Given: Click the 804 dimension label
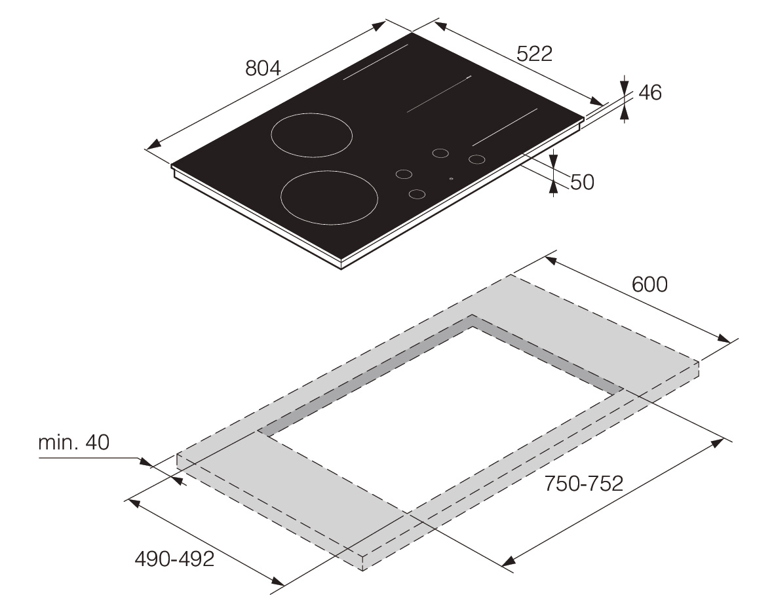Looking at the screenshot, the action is pyautogui.click(x=263, y=68).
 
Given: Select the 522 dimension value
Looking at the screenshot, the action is pyautogui.click(x=534, y=53).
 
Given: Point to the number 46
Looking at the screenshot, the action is pyautogui.click(x=649, y=92).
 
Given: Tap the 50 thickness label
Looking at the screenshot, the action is pyautogui.click(x=582, y=182).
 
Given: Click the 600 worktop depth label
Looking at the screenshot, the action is pyautogui.click(x=649, y=284).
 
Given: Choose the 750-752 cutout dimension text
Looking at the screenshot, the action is pyautogui.click(x=583, y=484).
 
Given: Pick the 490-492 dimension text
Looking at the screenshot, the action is pyautogui.click(x=174, y=559).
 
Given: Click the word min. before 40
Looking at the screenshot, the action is pyautogui.click(x=58, y=442).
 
